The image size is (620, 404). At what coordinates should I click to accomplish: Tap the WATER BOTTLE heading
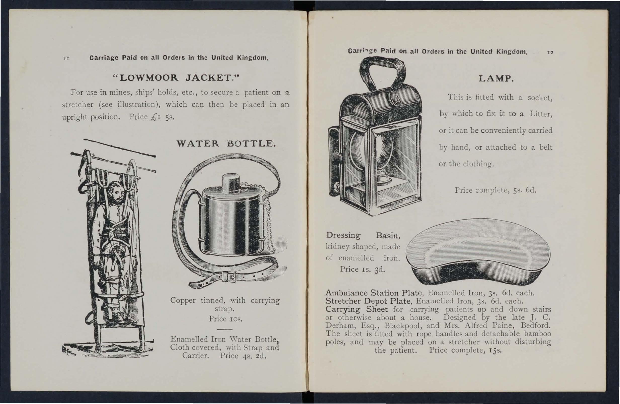pyautogui.click(x=226, y=144)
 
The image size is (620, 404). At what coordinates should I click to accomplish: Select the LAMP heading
pyautogui.click(x=496, y=78)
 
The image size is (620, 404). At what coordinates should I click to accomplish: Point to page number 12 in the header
pyautogui.click(x=550, y=53)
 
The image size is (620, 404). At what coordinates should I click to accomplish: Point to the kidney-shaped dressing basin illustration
pyautogui.click(x=478, y=252)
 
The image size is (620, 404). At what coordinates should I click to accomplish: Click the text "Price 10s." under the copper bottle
pyautogui.click(x=225, y=319)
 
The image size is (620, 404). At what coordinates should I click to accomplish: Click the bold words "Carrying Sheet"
pyautogui.click(x=356, y=309)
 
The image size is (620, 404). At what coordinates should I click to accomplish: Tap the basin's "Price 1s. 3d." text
pyautogui.click(x=362, y=269)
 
